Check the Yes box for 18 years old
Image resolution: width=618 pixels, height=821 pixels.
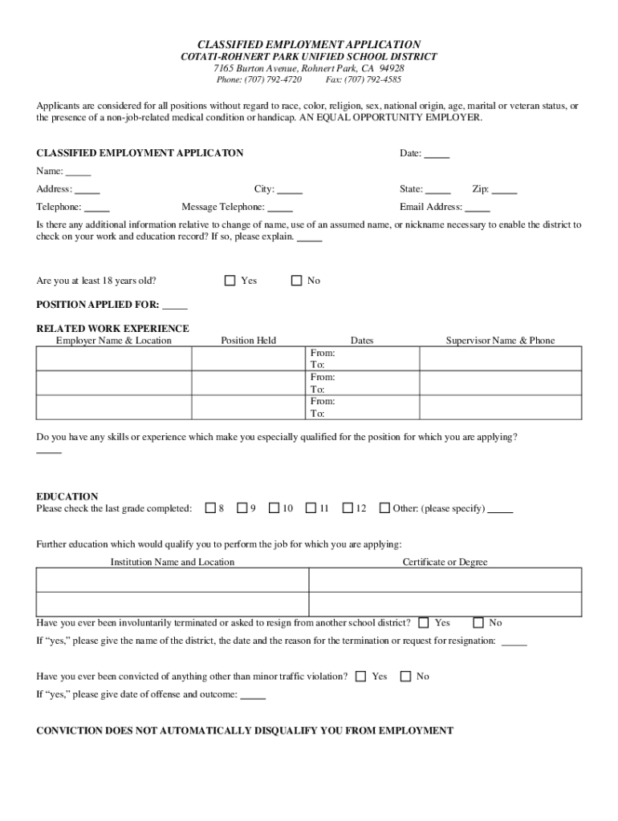click(230, 281)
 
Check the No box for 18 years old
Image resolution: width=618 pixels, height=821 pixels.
click(296, 281)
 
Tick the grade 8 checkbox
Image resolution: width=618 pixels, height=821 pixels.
click(210, 508)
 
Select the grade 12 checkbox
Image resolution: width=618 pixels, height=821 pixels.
click(348, 508)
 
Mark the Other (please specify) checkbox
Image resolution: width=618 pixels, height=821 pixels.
click(384, 508)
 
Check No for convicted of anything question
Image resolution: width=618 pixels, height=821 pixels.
click(405, 676)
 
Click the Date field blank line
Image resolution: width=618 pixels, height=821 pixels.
click(437, 154)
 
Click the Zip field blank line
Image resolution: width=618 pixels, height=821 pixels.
click(504, 190)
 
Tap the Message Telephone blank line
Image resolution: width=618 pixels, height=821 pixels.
click(280, 208)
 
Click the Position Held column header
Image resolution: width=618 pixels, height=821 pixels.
click(249, 341)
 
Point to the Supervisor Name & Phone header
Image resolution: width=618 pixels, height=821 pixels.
click(500, 341)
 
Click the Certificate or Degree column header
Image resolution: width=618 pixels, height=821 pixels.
click(445, 562)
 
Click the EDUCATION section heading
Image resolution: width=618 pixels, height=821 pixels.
click(67, 496)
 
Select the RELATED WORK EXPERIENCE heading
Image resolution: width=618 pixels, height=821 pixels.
click(113, 329)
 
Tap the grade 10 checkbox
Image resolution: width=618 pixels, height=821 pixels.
click(274, 508)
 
